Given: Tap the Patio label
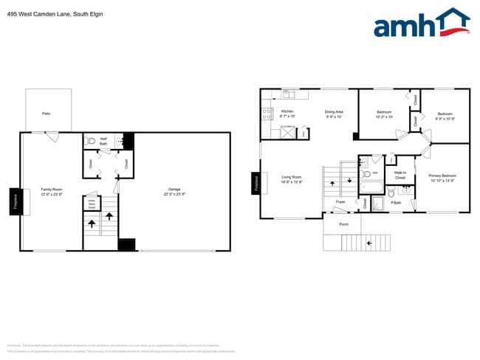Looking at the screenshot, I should [46, 114].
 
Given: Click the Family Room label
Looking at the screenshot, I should [52, 192].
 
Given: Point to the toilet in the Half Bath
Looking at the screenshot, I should [89, 141].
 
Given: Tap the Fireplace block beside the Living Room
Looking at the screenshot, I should [256, 182].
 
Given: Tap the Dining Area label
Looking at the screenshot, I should [334, 114].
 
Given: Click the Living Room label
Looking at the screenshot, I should [292, 179].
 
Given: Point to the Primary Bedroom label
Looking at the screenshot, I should [442, 178].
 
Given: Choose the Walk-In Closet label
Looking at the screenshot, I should [400, 176].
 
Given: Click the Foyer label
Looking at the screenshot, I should [340, 201].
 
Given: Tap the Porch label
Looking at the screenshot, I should [343, 224].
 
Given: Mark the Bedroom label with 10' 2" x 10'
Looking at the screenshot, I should [384, 114].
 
